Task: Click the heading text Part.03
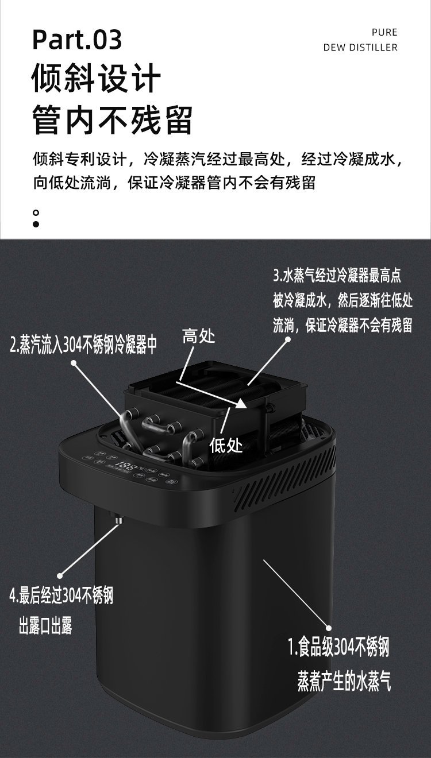click(x=77, y=40)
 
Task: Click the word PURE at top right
click(x=384, y=33)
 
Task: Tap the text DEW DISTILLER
click(x=360, y=48)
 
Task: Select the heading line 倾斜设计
click(x=96, y=78)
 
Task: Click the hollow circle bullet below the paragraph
click(x=36, y=213)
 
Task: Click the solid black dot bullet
click(x=36, y=224)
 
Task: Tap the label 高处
click(x=199, y=336)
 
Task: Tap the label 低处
click(x=226, y=445)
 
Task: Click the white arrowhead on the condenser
click(x=241, y=403)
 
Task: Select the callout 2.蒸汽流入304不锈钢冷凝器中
click(x=84, y=345)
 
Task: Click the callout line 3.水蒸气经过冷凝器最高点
click(x=337, y=276)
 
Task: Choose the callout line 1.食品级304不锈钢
click(x=338, y=647)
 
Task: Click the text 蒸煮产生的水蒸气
click(x=344, y=681)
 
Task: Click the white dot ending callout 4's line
click(x=60, y=575)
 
